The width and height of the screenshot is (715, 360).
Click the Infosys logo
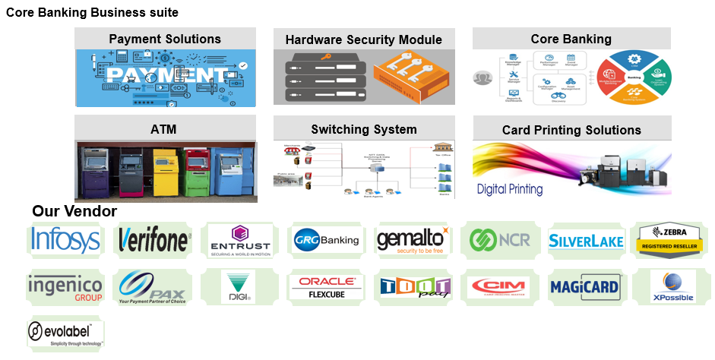(x=65, y=240)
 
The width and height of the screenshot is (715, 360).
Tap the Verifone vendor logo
(x=154, y=241)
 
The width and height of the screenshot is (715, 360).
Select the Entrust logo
(x=240, y=241)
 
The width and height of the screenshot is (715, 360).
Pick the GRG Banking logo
(x=327, y=241)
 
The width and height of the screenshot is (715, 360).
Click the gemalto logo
(x=413, y=241)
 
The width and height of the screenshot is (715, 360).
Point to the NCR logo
(x=499, y=241)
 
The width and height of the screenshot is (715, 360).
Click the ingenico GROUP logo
(x=65, y=288)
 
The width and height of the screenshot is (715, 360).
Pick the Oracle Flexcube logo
(x=327, y=287)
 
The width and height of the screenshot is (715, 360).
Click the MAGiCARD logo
(x=586, y=287)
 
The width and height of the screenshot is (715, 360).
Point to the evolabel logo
(x=64, y=333)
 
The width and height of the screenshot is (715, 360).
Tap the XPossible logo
(x=672, y=287)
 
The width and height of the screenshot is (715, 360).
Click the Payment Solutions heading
(x=165, y=39)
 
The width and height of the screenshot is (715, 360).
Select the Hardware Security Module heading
(x=363, y=39)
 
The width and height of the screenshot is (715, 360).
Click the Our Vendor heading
(x=74, y=211)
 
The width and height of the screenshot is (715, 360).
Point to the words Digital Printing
(x=510, y=189)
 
